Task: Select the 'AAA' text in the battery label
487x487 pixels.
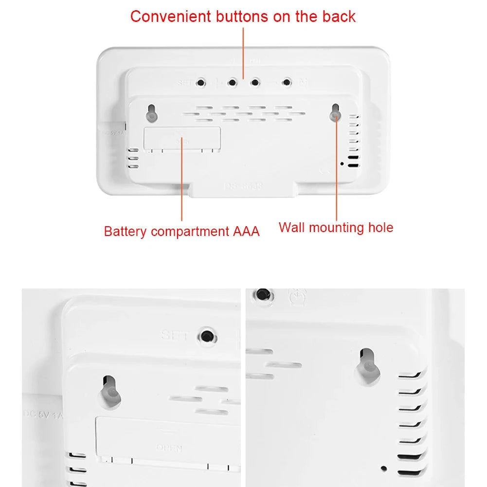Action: pyautogui.click(x=243, y=231)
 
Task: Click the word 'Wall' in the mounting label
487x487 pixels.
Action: pyautogui.click(x=292, y=227)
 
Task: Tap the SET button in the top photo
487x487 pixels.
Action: pyautogui.click(x=200, y=83)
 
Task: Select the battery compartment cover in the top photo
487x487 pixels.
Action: pyautogui.click(x=182, y=139)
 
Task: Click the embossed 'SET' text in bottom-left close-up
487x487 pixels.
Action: pyautogui.click(x=173, y=335)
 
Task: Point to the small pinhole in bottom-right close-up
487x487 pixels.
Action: pyautogui.click(x=384, y=468)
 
